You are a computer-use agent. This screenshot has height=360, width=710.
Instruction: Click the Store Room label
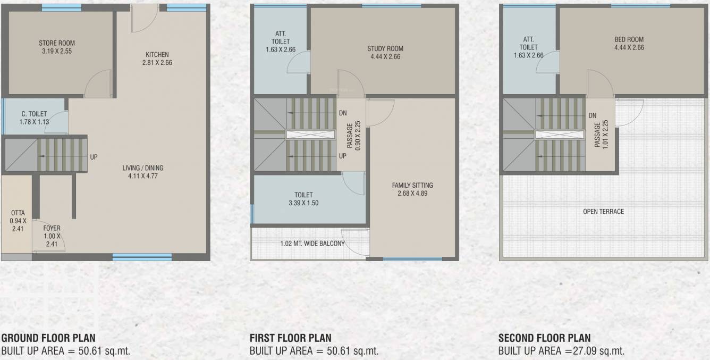57,43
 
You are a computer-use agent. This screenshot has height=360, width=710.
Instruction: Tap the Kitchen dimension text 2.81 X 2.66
157,63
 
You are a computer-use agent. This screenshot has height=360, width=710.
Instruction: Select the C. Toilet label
34,114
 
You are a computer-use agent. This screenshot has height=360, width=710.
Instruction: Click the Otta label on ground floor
18,213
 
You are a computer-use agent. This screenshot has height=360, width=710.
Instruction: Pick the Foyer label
52,229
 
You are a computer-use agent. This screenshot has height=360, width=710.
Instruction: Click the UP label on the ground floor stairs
94,157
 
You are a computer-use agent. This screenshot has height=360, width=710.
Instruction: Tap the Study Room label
385,49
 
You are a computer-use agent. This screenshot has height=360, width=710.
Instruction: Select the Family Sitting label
412,185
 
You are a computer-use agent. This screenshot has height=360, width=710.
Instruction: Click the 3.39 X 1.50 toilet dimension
303,203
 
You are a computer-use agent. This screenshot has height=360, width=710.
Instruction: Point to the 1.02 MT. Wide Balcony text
312,244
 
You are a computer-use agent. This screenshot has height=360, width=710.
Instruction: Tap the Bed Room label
629,39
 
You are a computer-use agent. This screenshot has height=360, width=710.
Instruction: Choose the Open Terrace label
603,212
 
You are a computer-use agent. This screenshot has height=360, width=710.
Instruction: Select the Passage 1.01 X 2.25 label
601,135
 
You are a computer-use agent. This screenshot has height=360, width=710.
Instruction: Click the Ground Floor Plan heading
48,338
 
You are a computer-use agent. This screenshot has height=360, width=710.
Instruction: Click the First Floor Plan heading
290,338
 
